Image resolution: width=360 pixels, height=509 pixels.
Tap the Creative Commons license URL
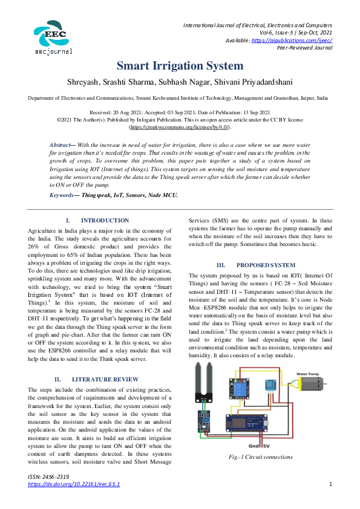[180, 128]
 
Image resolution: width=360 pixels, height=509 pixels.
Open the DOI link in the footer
[74, 484]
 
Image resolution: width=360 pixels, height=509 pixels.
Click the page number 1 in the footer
[330, 484]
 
